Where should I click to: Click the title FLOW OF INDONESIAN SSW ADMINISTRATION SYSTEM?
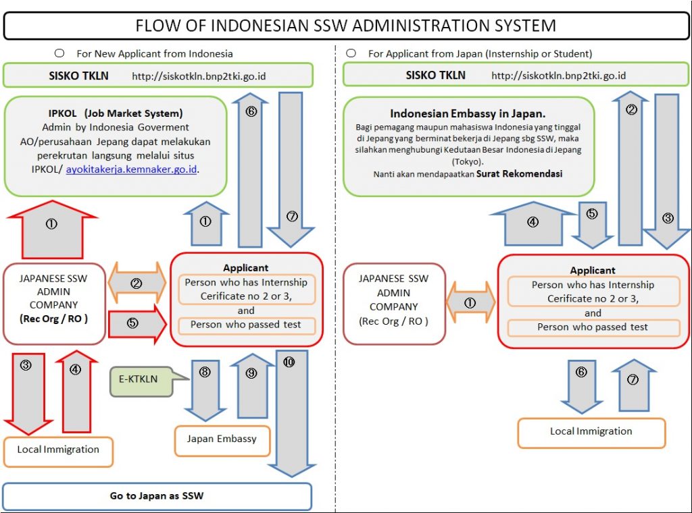pyautogui.click(x=345, y=26)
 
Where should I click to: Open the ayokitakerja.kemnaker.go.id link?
pyautogui.click(x=132, y=169)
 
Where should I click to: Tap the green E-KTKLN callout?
pyautogui.click(x=138, y=379)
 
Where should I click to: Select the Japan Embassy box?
pyautogui.click(x=222, y=439)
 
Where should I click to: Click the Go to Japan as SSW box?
pyautogui.click(x=157, y=496)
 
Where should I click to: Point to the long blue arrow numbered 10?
pyautogui.click(x=291, y=412)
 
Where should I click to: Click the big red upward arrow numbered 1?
pyautogui.click(x=51, y=230)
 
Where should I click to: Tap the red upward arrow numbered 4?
pyautogui.click(x=75, y=391)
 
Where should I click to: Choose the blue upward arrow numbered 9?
pyautogui.click(x=251, y=389)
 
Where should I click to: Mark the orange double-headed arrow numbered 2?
pyautogui.click(x=137, y=283)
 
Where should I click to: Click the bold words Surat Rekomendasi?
pyautogui.click(x=519, y=173)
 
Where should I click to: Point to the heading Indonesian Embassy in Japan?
pyautogui.click(x=468, y=113)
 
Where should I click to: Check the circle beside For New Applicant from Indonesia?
pyautogui.click(x=59, y=53)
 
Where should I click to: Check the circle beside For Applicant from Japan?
pyautogui.click(x=351, y=53)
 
